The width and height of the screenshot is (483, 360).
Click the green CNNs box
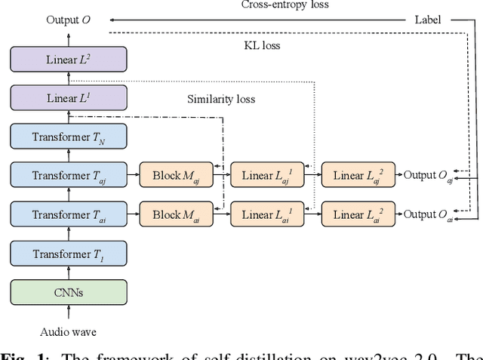pos(69,292)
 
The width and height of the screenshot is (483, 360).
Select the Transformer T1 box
pos(69,254)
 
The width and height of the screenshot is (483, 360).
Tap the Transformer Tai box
pos(69,215)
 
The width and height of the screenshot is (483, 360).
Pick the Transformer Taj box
pos(69,176)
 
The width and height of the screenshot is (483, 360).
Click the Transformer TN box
pos(69,137)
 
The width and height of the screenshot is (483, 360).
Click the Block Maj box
pos(177,176)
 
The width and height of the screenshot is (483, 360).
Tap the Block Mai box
pos(177,215)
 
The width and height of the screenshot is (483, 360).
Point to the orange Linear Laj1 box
pos(268,176)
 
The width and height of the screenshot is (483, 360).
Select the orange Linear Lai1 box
pos(268,215)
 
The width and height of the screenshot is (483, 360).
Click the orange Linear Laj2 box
pos(358,176)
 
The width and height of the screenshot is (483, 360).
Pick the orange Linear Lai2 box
pos(358,215)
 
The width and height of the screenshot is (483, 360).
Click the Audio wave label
pos(69,331)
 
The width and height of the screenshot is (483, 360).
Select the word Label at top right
pos(428,20)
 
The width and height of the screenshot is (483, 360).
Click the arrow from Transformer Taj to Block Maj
pos(133,176)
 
